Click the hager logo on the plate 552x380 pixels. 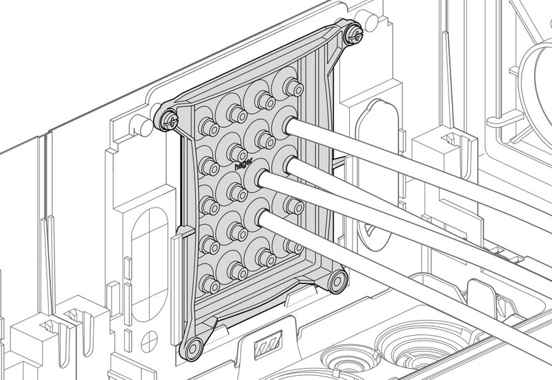coord(244,164)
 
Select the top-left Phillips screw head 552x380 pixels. coord(169,121)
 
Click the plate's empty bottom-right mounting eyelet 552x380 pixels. coord(337,281)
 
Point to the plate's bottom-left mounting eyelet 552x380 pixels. coord(192,348)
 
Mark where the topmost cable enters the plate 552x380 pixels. coord(290,126)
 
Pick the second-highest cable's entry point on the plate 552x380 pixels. coord(292,166)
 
